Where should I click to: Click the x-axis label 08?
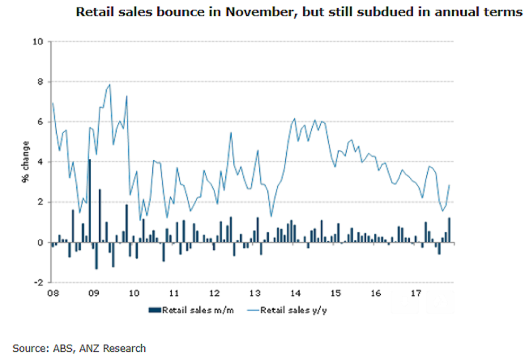click(x=53, y=294)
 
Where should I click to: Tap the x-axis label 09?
click(x=93, y=294)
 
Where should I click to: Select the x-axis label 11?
click(x=174, y=294)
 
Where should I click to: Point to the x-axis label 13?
click(x=255, y=294)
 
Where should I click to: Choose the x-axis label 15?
click(x=335, y=294)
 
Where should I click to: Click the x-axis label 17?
click(x=416, y=294)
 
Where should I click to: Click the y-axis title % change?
click(x=25, y=162)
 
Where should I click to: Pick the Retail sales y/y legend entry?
click(x=285, y=310)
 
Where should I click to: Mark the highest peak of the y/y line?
click(x=110, y=84)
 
